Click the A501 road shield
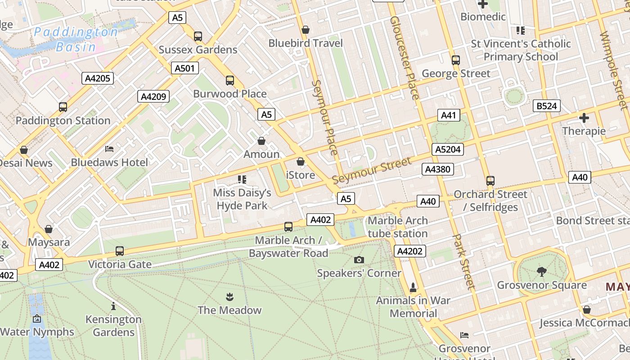[x=184, y=68]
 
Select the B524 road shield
[x=547, y=106]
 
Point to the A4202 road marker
[x=409, y=251]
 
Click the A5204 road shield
[x=448, y=149]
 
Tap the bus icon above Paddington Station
[x=63, y=107]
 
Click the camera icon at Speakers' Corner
[x=359, y=260]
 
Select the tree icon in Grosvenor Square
[x=541, y=271]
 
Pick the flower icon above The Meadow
[x=229, y=297]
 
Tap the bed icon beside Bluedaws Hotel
[x=109, y=149]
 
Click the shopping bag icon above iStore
[x=301, y=162]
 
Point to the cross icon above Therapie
[x=584, y=118]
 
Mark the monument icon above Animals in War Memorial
[x=413, y=287]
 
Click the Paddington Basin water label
[x=76, y=39]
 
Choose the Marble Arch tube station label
[x=397, y=227]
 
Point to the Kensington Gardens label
[x=113, y=326]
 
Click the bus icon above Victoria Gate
[x=120, y=251]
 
